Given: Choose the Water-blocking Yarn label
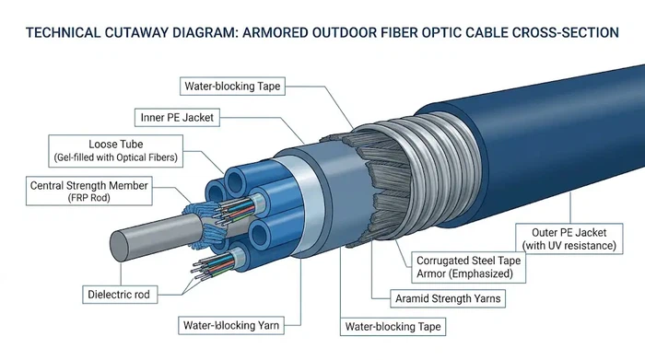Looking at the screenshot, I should (229, 325).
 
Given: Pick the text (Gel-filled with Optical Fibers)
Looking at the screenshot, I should (114, 157).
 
